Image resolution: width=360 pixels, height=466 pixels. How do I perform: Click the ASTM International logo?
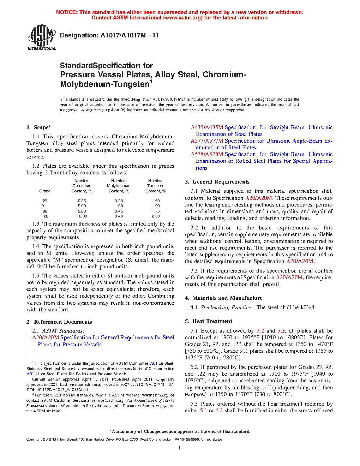tap(42, 37)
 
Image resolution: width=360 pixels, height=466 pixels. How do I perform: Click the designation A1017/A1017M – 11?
tap(109, 35)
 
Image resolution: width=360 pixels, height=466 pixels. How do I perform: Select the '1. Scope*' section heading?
tap(38, 127)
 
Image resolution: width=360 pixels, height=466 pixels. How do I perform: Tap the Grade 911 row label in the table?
tap(45, 206)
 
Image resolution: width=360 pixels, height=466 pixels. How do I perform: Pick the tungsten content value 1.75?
tap(156, 211)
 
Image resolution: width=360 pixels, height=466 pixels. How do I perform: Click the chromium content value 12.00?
tap(82, 216)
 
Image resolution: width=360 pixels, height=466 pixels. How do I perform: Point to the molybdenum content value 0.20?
tap(119, 201)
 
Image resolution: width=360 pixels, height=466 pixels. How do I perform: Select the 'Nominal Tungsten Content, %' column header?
tap(156, 186)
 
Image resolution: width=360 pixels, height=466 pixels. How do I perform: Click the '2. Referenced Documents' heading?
tap(59, 322)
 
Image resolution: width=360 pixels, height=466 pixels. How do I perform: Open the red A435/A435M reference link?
tap(207, 127)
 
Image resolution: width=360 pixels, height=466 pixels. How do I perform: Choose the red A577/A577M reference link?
tap(207, 141)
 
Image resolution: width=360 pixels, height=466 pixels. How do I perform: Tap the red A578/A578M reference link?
tap(207, 154)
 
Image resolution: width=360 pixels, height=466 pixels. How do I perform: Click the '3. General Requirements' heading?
tap(217, 182)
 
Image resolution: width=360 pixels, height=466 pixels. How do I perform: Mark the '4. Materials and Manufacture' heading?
tap(223, 298)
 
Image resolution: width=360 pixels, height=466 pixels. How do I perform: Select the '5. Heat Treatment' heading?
tap(209, 321)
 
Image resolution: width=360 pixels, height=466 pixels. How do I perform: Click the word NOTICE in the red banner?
tap(67, 12)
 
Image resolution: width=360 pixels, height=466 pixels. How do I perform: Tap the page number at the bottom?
tap(180, 448)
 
